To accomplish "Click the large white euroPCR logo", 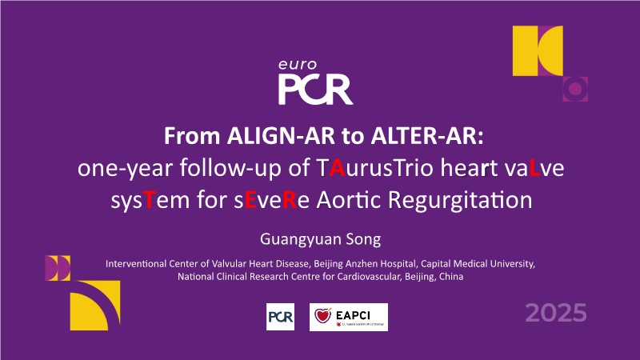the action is [x=315, y=82].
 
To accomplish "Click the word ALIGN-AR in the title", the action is [x=281, y=136].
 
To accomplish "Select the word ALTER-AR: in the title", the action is [x=427, y=136].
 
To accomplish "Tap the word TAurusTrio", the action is [x=374, y=168].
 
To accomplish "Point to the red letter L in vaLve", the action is [x=534, y=168].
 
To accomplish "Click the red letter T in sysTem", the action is [x=149, y=200].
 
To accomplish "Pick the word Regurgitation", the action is [x=460, y=201].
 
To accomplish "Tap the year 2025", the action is [x=556, y=313].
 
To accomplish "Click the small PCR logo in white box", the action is [x=281, y=317].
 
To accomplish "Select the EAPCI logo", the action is [x=349, y=317].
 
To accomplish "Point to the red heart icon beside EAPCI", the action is [x=323, y=315].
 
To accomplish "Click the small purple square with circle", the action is [x=575, y=89].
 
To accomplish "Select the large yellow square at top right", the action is [x=538, y=50].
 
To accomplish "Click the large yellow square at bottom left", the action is [x=95, y=306].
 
